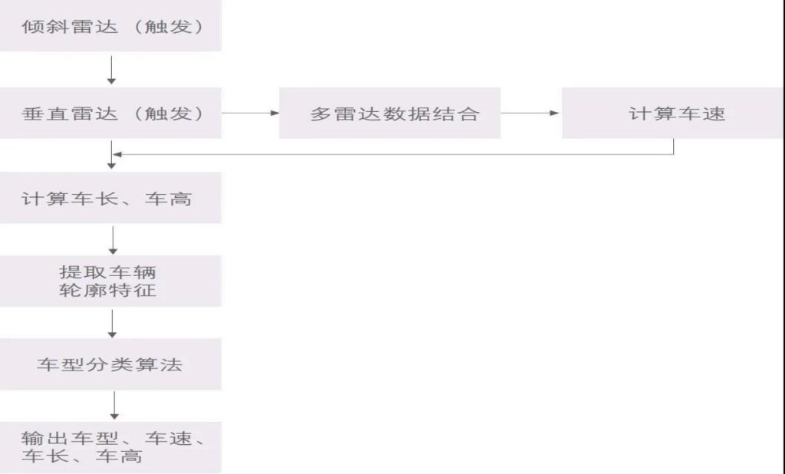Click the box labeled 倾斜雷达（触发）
pos(110,26)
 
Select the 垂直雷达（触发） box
pos(110,114)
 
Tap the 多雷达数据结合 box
pos(389,114)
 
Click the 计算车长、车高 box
pos(110,199)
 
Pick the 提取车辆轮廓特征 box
pos(110,281)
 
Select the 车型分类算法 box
pos(110,364)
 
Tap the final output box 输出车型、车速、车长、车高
pos(110,447)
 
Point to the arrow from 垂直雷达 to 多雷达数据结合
pos(250,114)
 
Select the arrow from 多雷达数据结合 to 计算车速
pos(530,114)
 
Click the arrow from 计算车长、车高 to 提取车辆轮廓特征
pos(113,239)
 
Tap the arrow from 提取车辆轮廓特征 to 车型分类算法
pos(113,323)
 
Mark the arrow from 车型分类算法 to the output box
pos(113,406)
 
